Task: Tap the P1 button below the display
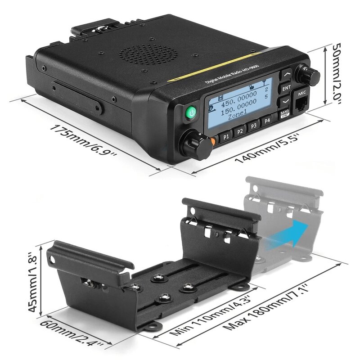226,134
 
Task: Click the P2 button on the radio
240,130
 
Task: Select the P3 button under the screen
254,126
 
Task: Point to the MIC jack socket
301,105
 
